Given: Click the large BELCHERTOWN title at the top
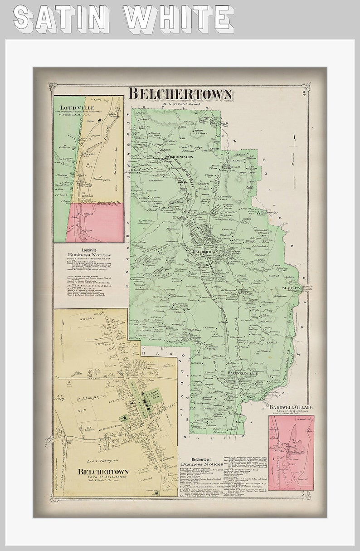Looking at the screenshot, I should coord(180,94).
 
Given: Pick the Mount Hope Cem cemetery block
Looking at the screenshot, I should coord(150,399).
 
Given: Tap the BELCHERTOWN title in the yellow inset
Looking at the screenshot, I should coord(103,472).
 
